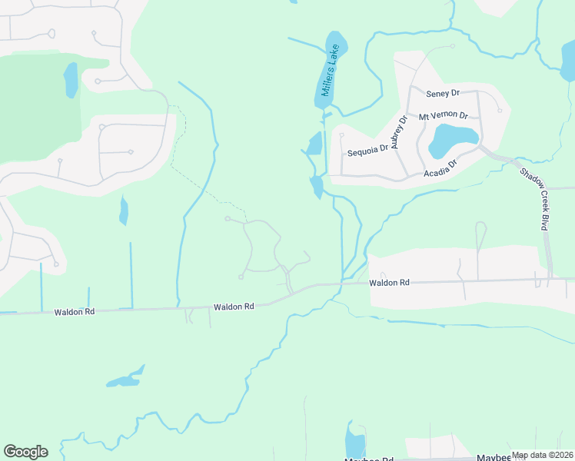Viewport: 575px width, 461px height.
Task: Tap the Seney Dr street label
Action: pos(442,93)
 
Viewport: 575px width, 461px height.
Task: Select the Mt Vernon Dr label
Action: pos(443,115)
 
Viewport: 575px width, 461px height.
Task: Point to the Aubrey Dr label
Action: pos(398,132)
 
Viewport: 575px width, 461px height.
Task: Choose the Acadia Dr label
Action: pos(440,169)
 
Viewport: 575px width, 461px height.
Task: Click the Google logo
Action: pos(25,452)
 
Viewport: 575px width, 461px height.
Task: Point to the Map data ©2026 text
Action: pos(542,455)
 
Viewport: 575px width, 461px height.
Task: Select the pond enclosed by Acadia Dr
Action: pos(450,139)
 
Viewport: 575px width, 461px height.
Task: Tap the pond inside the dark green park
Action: pos(71,79)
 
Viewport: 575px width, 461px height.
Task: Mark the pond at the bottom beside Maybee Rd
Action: pos(354,442)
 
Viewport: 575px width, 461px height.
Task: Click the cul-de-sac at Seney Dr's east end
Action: pos(500,110)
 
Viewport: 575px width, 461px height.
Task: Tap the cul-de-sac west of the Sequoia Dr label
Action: pos(340,135)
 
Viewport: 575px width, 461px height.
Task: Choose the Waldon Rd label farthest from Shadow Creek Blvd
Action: pos(74,313)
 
